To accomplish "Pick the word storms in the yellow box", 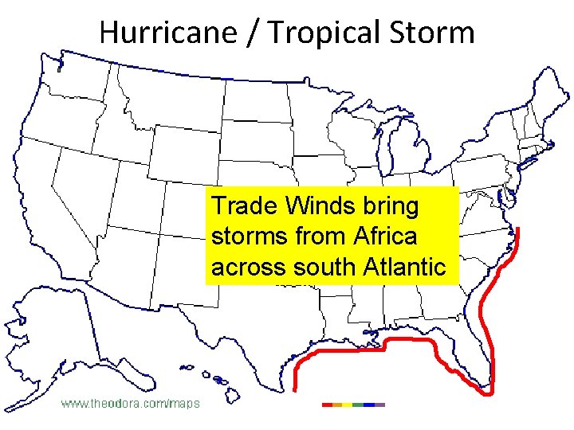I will pos(244,237).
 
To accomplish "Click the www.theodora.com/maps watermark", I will pos(132,404).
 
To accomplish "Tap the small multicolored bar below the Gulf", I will pos(353,405).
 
